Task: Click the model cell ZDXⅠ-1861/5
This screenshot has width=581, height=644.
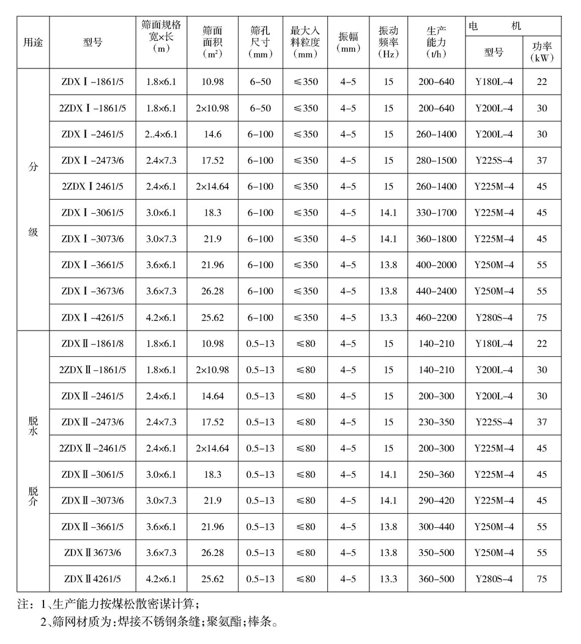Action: pos(92,82)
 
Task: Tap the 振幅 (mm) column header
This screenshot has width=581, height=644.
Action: pos(348,42)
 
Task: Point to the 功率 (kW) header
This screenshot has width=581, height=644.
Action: pos(542,52)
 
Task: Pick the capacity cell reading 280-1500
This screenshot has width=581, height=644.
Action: pos(437,160)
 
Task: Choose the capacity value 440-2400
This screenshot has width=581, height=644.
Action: pos(437,291)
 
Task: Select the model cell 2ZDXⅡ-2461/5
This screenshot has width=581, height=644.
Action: pos(92,448)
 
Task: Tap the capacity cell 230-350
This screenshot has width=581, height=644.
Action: pos(437,422)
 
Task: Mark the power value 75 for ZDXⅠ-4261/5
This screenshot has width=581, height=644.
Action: pos(542,317)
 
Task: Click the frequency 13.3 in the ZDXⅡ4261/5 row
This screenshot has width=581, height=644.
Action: pos(388,579)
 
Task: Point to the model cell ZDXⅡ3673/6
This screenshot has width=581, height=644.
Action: pos(92,552)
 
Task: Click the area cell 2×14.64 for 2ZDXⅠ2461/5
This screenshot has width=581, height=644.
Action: pos(212,186)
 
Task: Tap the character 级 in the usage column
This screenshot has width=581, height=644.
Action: pos(33,233)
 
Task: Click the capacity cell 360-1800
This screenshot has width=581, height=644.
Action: pos(437,239)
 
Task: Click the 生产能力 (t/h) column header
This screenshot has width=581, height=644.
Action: pos(437,42)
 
